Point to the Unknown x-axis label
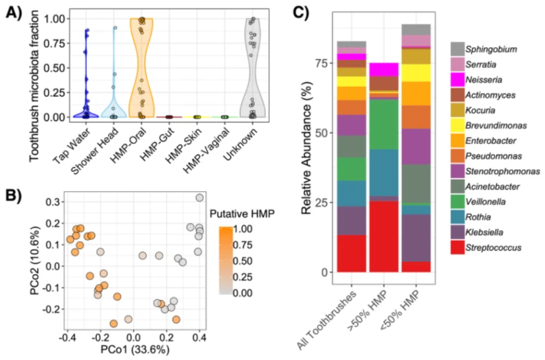(245, 138)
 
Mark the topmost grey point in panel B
(200, 198)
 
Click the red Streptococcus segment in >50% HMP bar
(384, 236)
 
